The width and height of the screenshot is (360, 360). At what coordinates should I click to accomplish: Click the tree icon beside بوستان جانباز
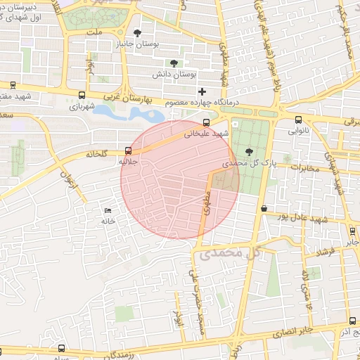(137, 33)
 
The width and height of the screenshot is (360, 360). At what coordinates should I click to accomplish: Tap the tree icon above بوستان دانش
(173, 63)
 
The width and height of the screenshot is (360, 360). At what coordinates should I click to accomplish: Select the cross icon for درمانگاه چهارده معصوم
(202, 91)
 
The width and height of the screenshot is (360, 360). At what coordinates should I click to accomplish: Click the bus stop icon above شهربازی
(82, 96)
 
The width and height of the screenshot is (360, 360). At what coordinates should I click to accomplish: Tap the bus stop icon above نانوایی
(299, 120)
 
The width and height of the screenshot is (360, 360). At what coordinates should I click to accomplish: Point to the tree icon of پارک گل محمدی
(249, 150)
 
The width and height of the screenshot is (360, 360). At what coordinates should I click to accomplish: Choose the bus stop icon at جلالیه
(127, 150)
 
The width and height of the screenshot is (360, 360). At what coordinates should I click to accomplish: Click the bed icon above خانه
(108, 210)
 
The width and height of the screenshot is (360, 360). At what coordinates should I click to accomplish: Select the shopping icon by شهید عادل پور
(264, 209)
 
